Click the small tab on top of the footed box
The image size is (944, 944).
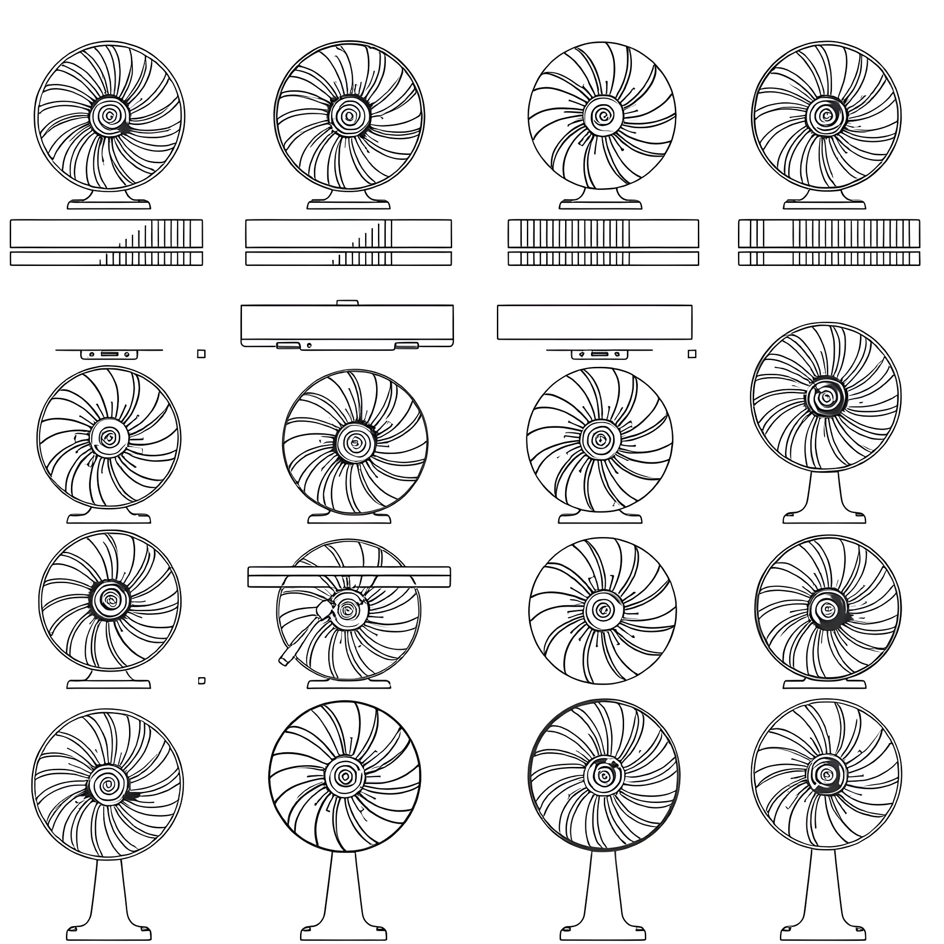pyautogui.click(x=348, y=303)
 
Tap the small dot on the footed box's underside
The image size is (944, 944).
pyautogui.click(x=309, y=345)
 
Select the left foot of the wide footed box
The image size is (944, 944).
pyautogui.click(x=288, y=345)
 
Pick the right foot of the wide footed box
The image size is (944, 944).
pyautogui.click(x=407, y=345)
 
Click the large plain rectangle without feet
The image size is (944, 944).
pyautogui.click(x=595, y=322)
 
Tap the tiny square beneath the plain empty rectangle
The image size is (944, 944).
pyautogui.click(x=692, y=354)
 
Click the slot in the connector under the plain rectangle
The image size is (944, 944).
pyautogui.click(x=600, y=353)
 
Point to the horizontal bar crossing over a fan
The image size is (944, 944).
pyautogui.click(x=349, y=577)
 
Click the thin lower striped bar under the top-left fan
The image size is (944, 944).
pyautogui.click(x=106, y=259)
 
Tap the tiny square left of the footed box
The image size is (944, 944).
pyautogui.click(x=201, y=354)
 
